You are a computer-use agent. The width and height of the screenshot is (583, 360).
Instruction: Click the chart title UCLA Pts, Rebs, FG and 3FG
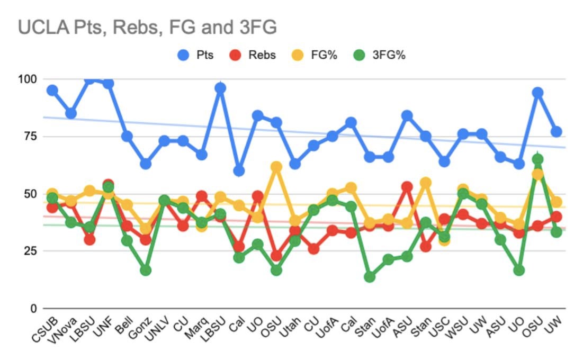(147, 27)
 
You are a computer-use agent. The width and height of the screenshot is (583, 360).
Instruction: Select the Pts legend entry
(195, 55)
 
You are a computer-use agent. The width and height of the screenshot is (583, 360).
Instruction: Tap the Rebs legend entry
(256, 55)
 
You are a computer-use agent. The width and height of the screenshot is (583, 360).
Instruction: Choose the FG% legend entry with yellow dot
(318, 55)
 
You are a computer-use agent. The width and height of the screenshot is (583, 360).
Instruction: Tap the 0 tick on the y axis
(33, 308)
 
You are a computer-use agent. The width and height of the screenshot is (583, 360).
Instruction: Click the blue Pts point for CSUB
(52, 91)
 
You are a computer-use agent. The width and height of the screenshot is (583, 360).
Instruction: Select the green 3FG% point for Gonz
(146, 270)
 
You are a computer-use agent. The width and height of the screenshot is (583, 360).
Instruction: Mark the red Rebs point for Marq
(202, 196)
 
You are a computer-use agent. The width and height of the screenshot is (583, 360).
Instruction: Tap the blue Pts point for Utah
(295, 164)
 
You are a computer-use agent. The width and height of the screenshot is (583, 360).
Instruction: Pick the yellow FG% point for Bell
(127, 204)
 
